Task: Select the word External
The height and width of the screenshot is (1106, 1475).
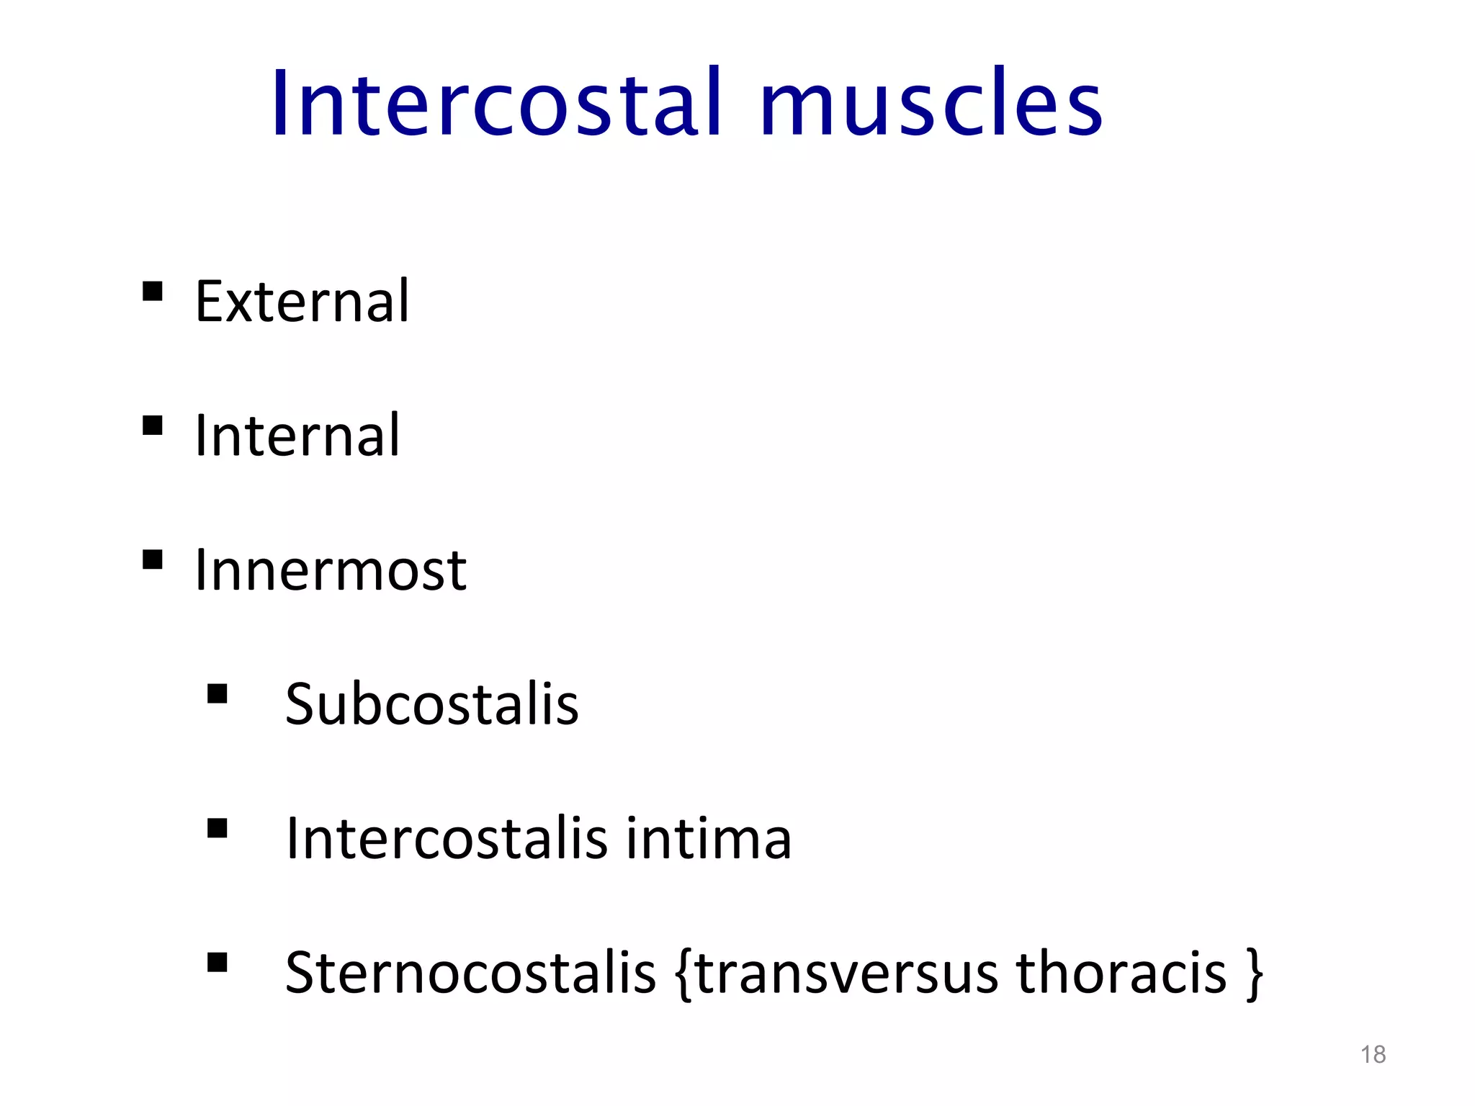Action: pos(302,301)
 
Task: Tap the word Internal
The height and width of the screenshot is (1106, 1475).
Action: pos(297,436)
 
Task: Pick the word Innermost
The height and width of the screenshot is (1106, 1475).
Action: pos(331,570)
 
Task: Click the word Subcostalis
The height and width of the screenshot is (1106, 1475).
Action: pos(432,704)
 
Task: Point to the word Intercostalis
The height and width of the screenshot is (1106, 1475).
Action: pos(447,839)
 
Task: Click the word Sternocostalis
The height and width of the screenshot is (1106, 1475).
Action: pos(470,973)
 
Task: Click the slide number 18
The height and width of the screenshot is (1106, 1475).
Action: pos(1373,1055)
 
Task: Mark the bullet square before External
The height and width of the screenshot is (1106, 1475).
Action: pos(152,292)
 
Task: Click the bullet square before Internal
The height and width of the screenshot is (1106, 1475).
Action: pos(152,426)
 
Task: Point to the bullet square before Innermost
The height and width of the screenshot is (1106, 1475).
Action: pos(152,560)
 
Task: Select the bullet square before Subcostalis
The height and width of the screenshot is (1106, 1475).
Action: pos(217,694)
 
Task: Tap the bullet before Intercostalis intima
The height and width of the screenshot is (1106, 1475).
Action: pos(217,829)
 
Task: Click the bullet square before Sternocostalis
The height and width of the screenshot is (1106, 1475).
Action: pos(217,963)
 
